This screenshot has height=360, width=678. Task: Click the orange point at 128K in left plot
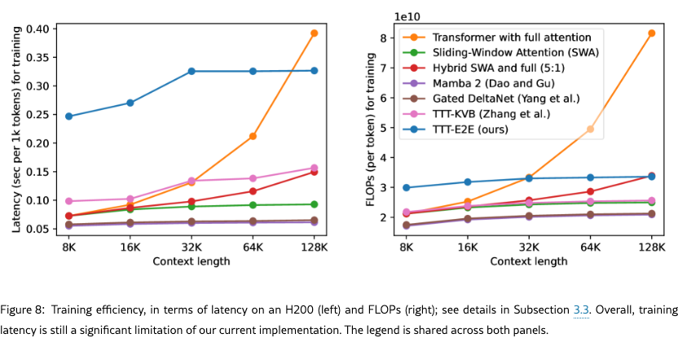314,33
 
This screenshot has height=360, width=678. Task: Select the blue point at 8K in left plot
68,116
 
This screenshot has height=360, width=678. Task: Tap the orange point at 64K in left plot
253,136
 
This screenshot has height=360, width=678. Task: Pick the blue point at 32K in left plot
192,72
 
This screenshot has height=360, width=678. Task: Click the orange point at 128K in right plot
651,33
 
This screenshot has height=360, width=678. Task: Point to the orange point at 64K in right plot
590,129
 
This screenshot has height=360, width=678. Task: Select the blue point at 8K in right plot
406,187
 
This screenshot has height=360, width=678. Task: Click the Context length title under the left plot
191,261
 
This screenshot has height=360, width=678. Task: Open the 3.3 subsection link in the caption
581,311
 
